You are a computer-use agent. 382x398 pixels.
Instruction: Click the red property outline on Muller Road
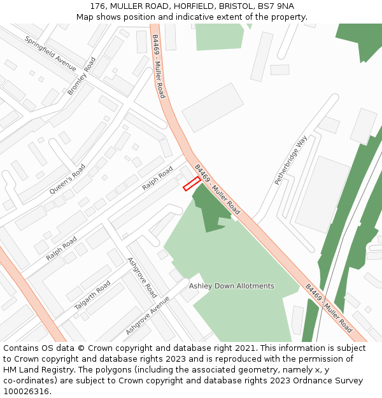192,184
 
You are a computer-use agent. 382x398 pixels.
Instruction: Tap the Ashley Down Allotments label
231,286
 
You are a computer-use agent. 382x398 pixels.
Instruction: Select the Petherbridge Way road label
291,160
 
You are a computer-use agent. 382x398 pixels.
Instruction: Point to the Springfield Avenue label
50,53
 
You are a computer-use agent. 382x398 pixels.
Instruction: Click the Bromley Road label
81,76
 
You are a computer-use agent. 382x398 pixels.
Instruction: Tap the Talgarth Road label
92,295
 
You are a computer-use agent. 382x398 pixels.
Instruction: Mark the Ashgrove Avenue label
147,315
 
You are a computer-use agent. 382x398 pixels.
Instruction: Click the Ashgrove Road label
142,278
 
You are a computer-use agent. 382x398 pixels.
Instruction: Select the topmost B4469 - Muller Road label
158,66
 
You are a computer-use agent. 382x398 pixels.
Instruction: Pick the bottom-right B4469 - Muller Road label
329,308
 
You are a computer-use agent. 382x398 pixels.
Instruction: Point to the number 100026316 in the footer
26,391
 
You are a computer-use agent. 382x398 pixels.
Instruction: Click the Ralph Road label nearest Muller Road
157,178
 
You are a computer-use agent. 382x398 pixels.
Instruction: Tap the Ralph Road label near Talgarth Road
61,248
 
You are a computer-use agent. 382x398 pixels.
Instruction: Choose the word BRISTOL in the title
220,6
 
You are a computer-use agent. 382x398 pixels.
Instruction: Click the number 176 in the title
97,6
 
